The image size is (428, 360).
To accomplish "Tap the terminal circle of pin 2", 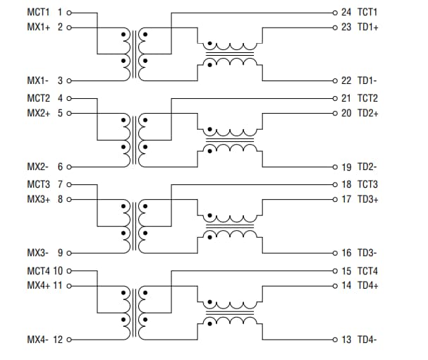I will click(x=69, y=28).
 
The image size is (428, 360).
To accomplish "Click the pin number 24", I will click(x=346, y=13).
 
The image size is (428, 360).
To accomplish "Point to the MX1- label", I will click(x=37, y=81).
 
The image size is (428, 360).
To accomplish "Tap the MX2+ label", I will click(x=38, y=113).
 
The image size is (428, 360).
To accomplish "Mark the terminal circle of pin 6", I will click(x=69, y=167).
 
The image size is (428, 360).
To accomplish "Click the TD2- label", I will click(x=367, y=167).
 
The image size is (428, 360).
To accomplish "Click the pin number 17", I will click(x=346, y=199).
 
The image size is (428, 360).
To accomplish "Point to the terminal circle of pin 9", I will click(x=69, y=253).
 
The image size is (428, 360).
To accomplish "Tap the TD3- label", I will click(x=367, y=253).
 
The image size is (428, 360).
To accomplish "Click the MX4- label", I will click(x=37, y=340).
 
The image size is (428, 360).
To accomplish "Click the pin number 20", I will click(x=346, y=113).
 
